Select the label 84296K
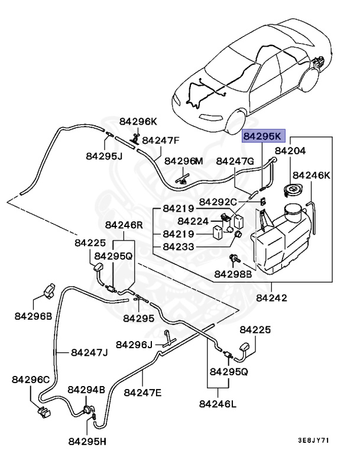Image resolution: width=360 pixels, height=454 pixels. coord(138,122)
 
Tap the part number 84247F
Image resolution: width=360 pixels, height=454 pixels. coord(160,141)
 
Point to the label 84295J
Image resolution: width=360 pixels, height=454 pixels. coord(103,156)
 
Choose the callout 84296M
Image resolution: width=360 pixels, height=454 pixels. coord(183,161)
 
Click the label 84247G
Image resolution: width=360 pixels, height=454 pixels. coord(235,161)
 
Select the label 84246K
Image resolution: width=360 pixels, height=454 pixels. coord(312,176)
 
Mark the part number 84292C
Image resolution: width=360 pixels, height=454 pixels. coord(218,202)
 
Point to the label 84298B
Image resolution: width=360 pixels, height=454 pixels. coord(233,274)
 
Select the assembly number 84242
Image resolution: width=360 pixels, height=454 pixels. coord(272,299)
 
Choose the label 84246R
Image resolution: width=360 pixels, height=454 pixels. coord(124,225)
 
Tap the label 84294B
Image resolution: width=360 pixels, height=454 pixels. coord(86,390)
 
